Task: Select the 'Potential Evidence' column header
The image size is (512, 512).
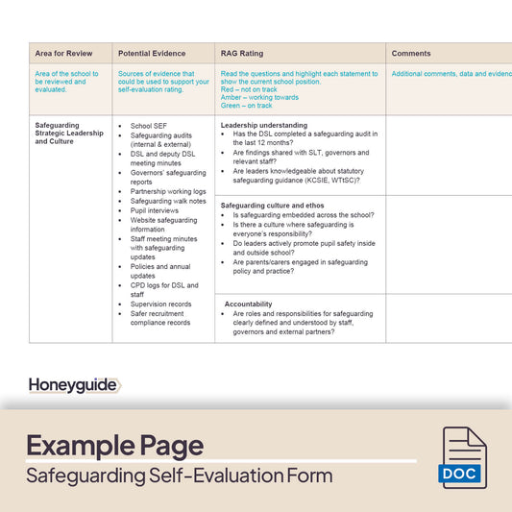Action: tap(152, 53)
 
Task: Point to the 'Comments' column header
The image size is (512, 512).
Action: tap(411, 53)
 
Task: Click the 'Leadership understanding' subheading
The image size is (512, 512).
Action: tap(264, 125)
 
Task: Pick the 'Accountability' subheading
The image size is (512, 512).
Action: tap(248, 304)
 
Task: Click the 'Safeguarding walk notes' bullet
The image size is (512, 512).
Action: tap(168, 201)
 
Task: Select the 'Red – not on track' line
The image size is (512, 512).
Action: tap(249, 88)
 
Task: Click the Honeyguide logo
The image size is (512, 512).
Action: tap(74, 385)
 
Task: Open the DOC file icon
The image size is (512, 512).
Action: tap(463, 457)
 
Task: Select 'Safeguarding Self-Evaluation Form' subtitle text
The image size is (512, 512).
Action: tap(179, 475)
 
